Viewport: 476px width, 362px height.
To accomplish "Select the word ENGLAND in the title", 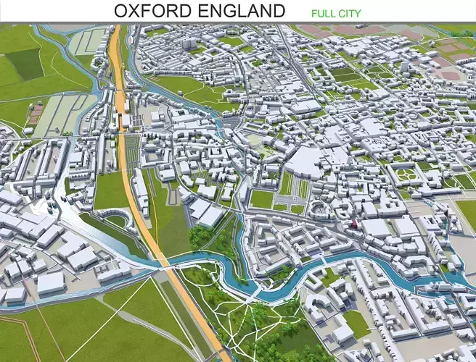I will point(239,11).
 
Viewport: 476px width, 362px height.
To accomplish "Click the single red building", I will point(354,226).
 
